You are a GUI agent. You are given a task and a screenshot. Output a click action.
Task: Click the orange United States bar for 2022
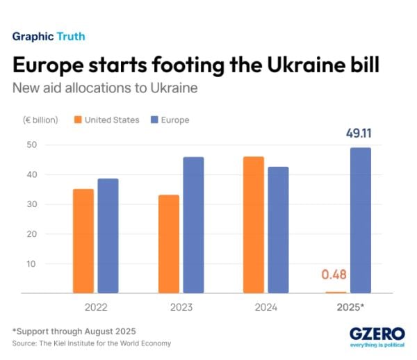click(x=83, y=240)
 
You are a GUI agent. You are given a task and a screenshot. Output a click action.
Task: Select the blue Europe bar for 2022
click(x=108, y=236)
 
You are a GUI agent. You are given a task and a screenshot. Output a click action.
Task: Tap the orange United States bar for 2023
click(x=168, y=244)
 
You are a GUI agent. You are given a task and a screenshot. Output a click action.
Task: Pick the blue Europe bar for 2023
click(x=193, y=224)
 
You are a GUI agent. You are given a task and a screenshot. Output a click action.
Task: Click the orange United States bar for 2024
click(x=254, y=224)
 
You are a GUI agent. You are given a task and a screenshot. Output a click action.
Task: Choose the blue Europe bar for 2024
click(x=278, y=230)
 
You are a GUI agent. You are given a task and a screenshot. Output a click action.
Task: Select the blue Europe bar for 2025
click(x=361, y=220)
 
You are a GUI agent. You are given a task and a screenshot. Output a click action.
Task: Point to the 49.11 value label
click(x=359, y=133)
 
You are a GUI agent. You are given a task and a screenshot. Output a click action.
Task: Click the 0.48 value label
click(x=334, y=275)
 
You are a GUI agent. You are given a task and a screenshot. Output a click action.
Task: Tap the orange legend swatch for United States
click(x=77, y=120)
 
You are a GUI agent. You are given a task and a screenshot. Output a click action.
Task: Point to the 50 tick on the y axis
click(x=31, y=145)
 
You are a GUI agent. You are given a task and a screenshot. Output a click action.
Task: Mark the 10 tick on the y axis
click(x=31, y=263)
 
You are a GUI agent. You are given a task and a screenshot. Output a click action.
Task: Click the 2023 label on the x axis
click(x=181, y=306)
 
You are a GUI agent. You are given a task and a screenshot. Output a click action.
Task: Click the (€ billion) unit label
click(x=40, y=120)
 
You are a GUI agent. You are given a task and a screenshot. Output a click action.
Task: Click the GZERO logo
click(x=375, y=333)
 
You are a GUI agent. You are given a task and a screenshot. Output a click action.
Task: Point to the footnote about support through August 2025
click(x=74, y=330)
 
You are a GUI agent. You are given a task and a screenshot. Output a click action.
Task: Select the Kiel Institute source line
click(x=91, y=343)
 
